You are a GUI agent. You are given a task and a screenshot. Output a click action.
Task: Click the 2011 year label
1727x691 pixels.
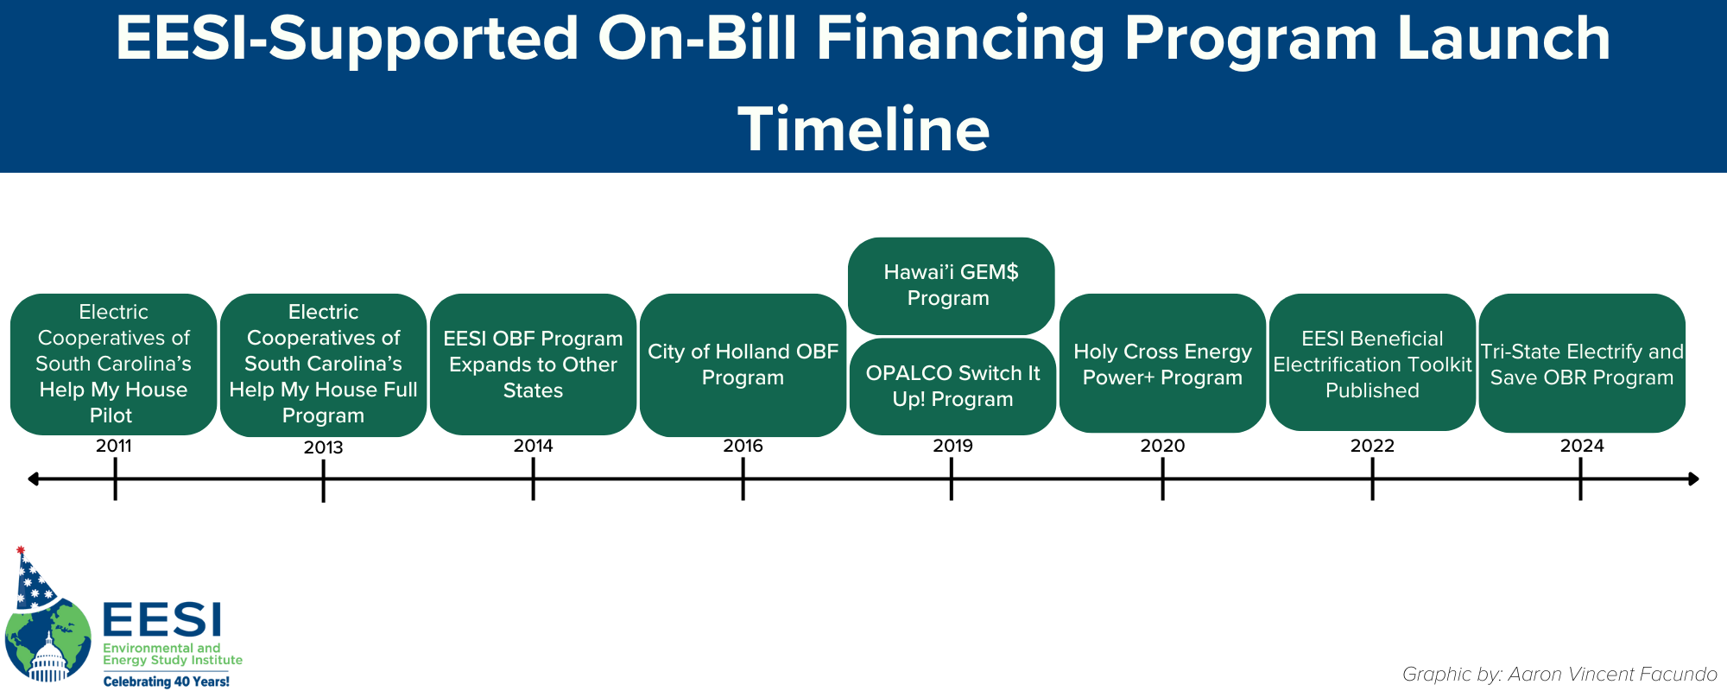click(114, 446)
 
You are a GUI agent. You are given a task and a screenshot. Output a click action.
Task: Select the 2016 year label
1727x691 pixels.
click(743, 446)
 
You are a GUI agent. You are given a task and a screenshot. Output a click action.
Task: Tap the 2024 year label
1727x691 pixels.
click(1582, 446)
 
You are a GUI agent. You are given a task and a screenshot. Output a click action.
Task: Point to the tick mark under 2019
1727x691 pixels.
click(951, 479)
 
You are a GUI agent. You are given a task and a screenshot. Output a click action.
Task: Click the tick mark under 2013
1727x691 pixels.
click(323, 480)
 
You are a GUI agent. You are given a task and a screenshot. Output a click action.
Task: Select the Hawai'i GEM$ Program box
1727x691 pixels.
click(951, 286)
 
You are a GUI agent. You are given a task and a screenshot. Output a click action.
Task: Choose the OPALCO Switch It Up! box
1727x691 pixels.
click(952, 386)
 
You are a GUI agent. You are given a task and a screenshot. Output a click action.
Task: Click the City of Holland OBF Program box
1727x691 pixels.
click(743, 365)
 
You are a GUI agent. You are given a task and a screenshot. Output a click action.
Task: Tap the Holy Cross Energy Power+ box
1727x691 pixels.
click(1162, 363)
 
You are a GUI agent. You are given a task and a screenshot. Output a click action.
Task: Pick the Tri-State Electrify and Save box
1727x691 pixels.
click(1582, 363)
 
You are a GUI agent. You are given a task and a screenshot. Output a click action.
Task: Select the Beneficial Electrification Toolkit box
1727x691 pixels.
click(1372, 362)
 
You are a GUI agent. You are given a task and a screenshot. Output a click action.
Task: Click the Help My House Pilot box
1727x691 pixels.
click(113, 364)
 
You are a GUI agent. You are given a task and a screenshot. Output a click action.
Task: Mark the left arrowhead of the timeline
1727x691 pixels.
click(33, 479)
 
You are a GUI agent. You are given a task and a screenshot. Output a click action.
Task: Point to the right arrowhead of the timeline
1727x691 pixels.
click(1693, 479)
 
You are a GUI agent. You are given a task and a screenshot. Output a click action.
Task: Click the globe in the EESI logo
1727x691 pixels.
click(48, 640)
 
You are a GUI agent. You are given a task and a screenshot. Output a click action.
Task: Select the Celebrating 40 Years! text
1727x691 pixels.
click(167, 681)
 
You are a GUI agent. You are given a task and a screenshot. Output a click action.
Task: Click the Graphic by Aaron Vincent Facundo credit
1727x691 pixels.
click(1559, 674)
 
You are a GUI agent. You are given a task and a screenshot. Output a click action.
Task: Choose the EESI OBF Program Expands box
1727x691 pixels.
click(533, 364)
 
